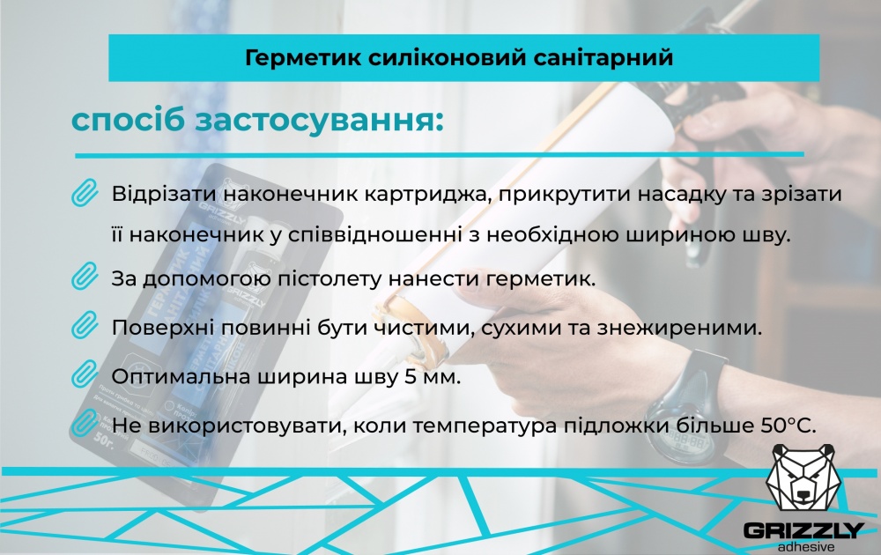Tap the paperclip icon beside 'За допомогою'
click(84, 278)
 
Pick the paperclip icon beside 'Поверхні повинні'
click(84, 328)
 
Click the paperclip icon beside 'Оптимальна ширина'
click(84, 376)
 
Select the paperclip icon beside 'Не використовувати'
click(84, 425)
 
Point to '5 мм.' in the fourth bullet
click(438, 377)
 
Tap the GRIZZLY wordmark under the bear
click(803, 530)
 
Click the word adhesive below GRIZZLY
click(803, 546)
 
